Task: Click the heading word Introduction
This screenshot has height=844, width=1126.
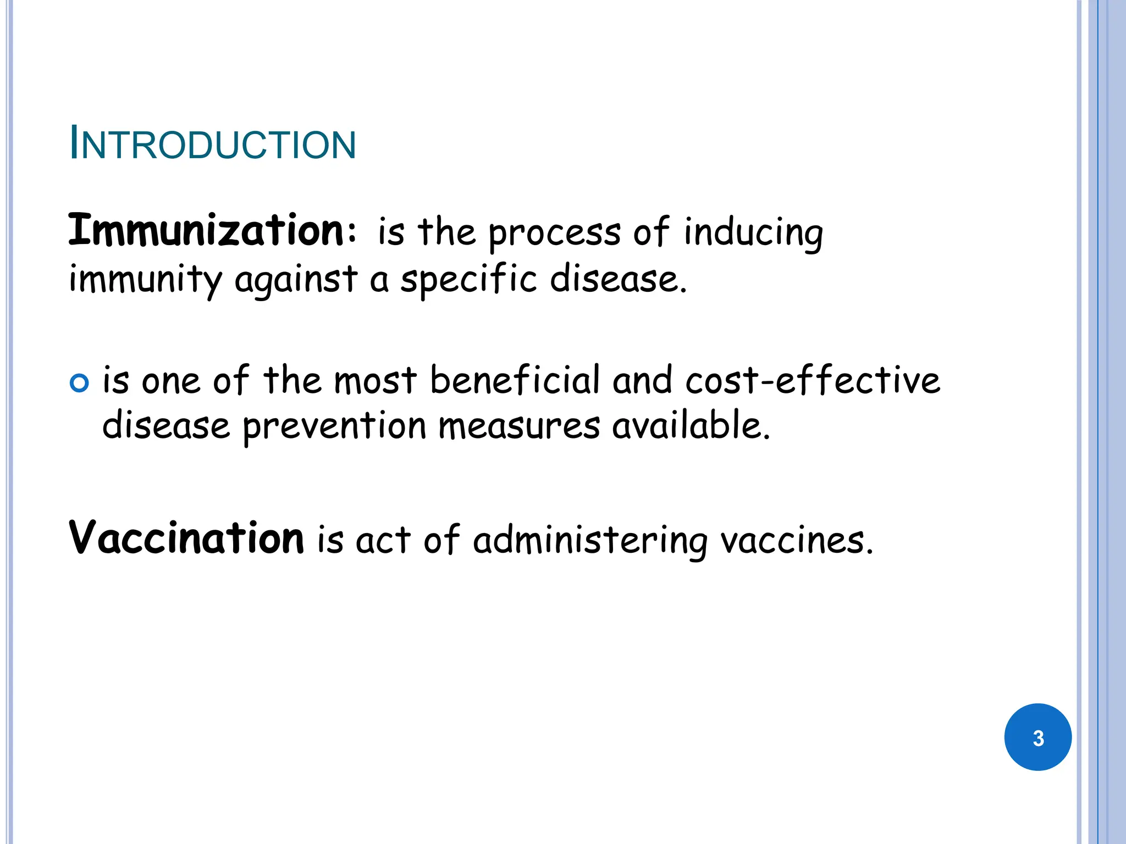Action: click(x=213, y=145)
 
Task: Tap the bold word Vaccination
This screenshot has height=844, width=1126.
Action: click(x=186, y=538)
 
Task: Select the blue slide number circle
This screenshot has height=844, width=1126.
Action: click(x=1037, y=737)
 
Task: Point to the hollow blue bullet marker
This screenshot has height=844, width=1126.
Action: click(x=80, y=383)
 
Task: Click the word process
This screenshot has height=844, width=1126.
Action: click(x=555, y=234)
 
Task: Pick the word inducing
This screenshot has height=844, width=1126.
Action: click(x=753, y=234)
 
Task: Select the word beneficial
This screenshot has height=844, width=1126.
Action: click(x=515, y=380)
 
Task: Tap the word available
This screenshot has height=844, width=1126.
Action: click(x=691, y=426)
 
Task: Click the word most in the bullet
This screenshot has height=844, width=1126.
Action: click(x=376, y=380)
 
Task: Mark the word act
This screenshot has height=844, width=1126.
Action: click(x=383, y=540)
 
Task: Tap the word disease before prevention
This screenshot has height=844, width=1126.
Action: click(x=166, y=426)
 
